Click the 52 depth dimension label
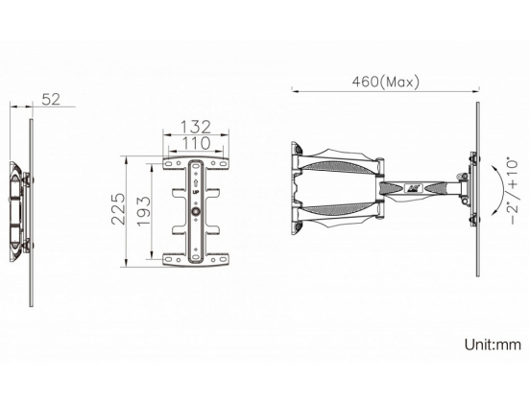(x=51, y=99)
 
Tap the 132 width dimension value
(x=196, y=127)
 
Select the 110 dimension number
(x=196, y=143)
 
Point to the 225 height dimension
(x=118, y=209)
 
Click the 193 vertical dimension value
(x=143, y=211)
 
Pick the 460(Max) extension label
(x=386, y=82)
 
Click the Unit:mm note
(x=493, y=345)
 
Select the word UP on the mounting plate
(x=195, y=193)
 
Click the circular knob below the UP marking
(x=196, y=212)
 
